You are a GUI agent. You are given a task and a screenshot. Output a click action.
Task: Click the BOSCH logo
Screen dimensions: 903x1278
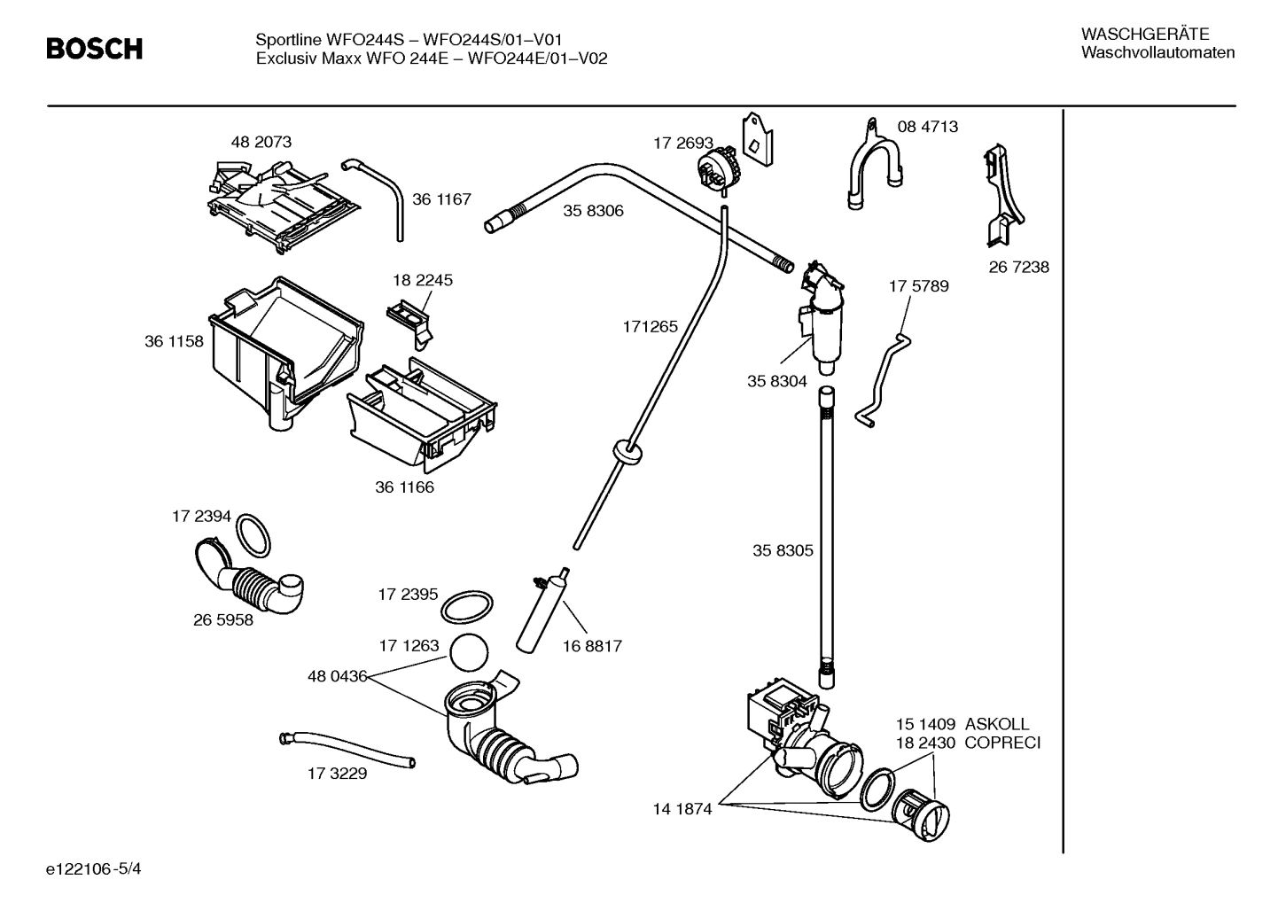[x=94, y=49]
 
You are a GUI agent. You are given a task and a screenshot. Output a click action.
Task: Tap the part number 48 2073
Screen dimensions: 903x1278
[x=261, y=142]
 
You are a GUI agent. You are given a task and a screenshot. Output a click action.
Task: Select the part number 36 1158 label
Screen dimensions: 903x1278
[x=174, y=341]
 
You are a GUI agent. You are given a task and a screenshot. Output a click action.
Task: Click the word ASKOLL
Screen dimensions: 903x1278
[x=997, y=724]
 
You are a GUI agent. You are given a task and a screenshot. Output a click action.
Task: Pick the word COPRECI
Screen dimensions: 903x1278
[x=1002, y=743]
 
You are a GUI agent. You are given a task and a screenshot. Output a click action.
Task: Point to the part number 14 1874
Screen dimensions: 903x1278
[x=682, y=809]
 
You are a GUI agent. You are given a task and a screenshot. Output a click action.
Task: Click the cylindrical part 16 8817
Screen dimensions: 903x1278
[x=539, y=611]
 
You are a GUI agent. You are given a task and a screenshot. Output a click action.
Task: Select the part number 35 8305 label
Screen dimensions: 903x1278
[x=783, y=550]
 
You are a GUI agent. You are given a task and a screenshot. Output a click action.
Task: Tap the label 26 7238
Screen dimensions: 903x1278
[x=1018, y=267]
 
